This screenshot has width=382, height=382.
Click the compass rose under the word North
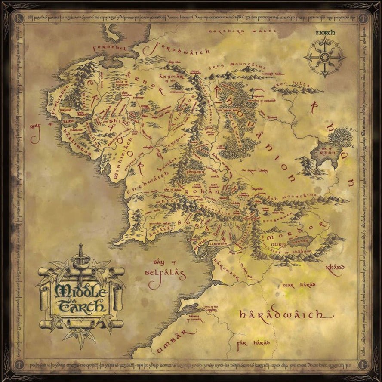tap(324, 58)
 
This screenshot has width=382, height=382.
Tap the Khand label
tap(335, 268)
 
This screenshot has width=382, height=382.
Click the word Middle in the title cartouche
tap(81, 291)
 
